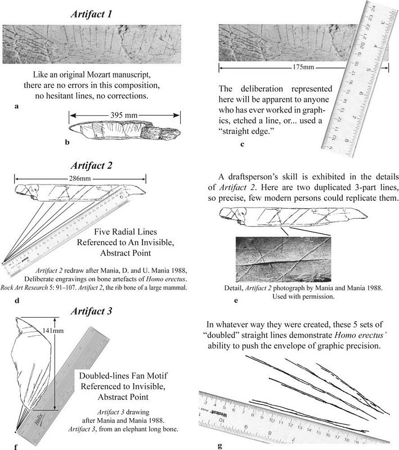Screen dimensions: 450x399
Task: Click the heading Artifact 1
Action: pos(98,13)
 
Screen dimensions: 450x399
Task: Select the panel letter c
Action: pos(242,144)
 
